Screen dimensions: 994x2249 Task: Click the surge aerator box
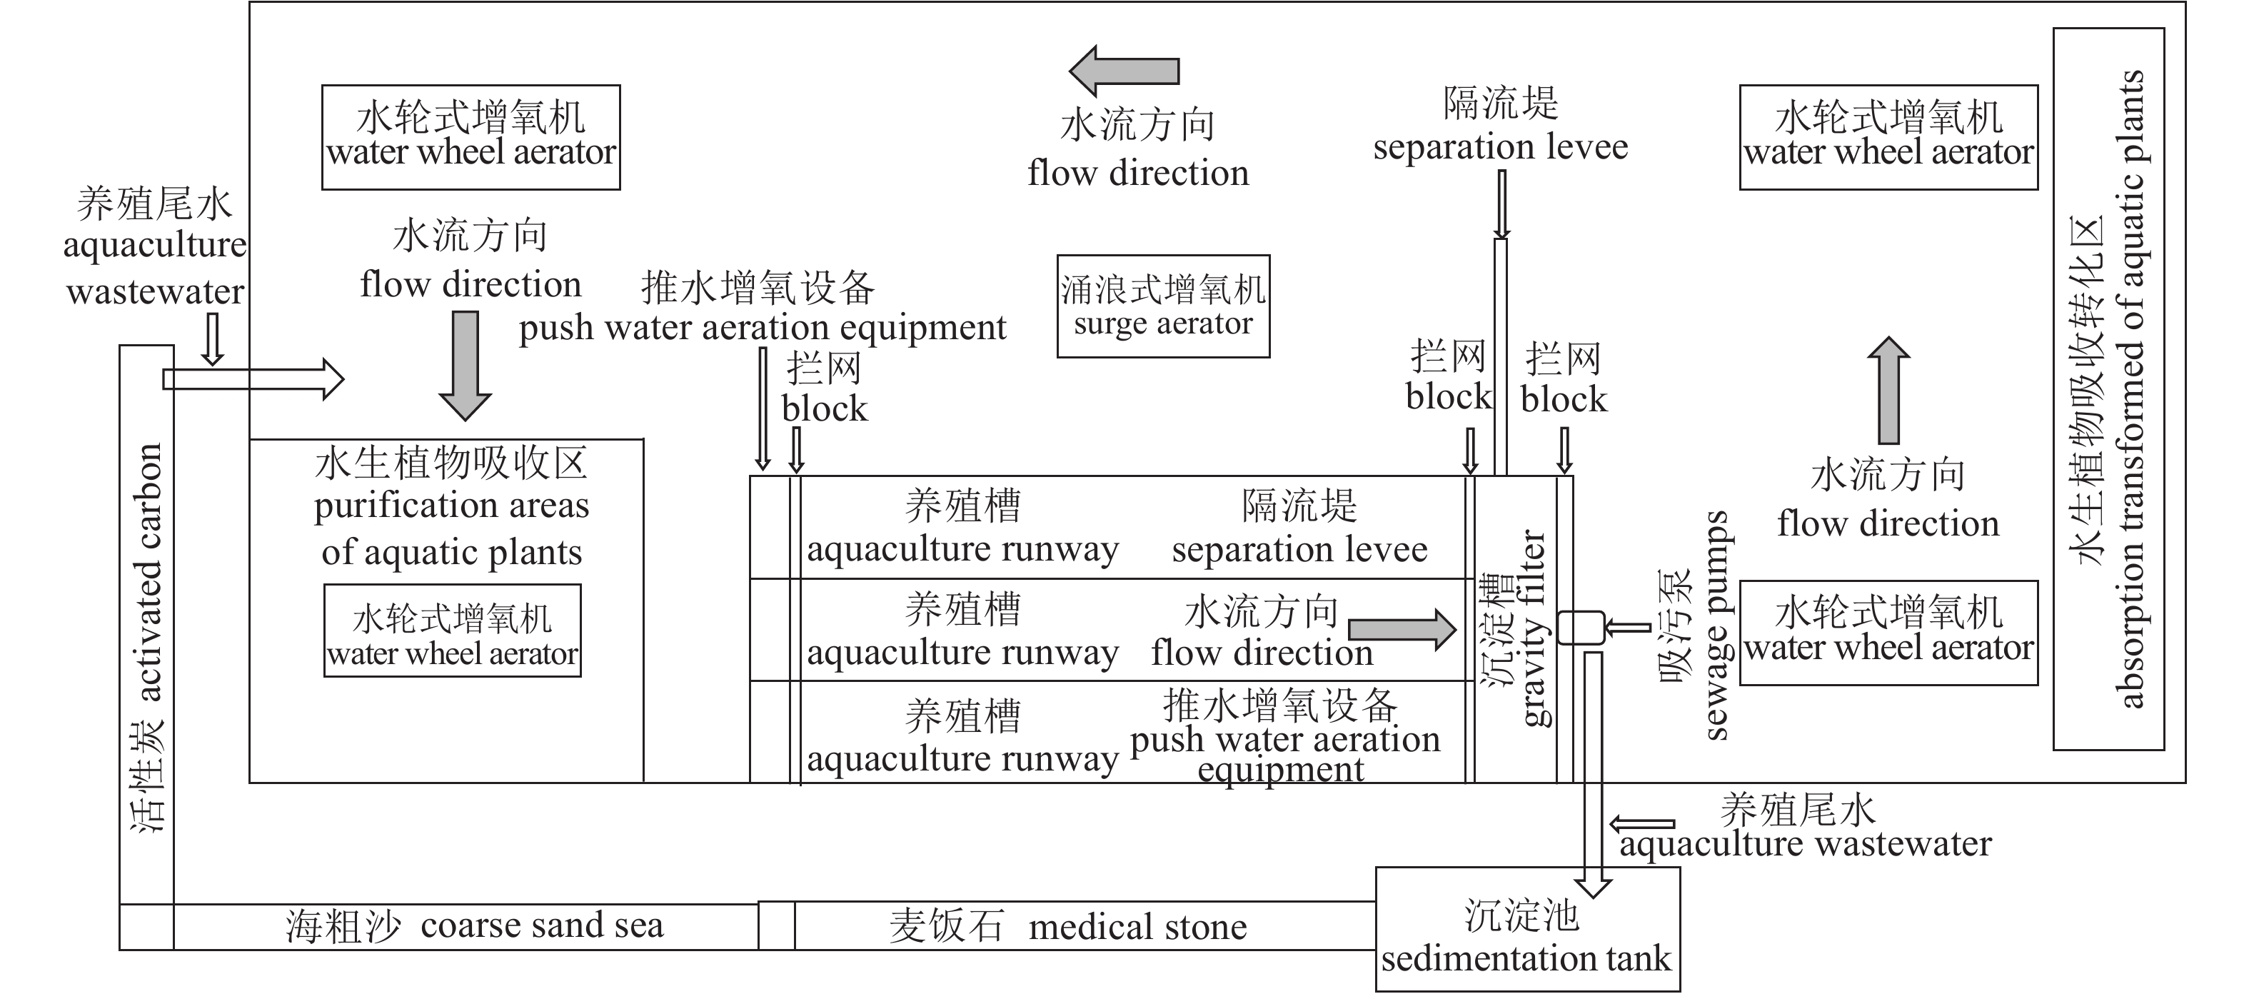[1163, 306]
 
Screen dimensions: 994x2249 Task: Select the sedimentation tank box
[1527, 929]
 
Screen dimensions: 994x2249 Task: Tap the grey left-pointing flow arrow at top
[1124, 71]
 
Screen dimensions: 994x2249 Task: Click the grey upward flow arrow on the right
[1888, 390]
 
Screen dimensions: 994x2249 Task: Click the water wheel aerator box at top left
[471, 137]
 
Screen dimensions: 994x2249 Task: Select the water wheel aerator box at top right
[1888, 137]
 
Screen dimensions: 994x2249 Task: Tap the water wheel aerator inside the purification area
[452, 630]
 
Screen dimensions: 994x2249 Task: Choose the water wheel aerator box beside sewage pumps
[1888, 633]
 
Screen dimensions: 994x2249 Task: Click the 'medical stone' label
[1137, 927]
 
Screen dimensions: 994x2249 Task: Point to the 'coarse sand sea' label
[541, 925]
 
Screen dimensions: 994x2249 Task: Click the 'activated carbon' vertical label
[149, 572]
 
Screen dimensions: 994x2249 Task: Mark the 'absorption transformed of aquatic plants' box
[2108, 388]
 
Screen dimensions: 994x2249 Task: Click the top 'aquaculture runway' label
[962, 549]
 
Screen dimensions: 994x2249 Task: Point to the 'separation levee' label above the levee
[1500, 146]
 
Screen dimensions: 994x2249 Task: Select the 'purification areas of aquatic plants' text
[451, 528]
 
